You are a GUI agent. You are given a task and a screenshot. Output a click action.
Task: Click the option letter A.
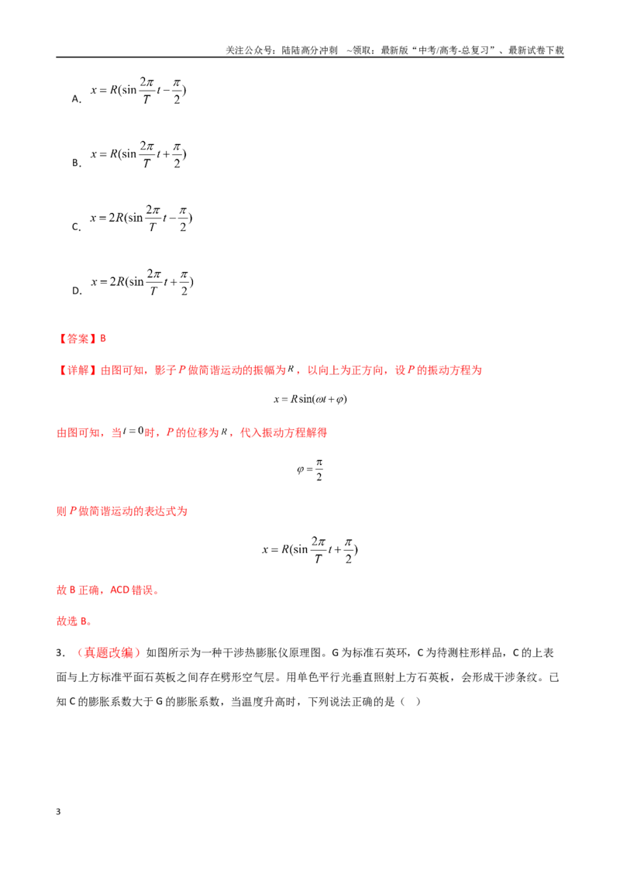pyautogui.click(x=77, y=99)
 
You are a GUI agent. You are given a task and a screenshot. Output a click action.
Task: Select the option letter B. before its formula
pyautogui.click(x=77, y=163)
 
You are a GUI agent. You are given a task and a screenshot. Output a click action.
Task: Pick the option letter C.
pyautogui.click(x=77, y=227)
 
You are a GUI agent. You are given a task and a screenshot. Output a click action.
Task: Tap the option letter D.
pyautogui.click(x=77, y=291)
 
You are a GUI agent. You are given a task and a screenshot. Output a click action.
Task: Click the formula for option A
pyautogui.click(x=138, y=91)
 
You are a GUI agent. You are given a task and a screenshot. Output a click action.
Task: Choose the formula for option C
pyautogui.click(x=141, y=218)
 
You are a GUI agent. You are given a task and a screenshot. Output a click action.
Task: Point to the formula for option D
pyautogui.click(x=142, y=282)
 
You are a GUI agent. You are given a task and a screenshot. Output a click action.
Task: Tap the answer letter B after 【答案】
pyautogui.click(x=103, y=339)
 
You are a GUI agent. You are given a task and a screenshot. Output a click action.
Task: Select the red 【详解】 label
pyautogui.click(x=77, y=370)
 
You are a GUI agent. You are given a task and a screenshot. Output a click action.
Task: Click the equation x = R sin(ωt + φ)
pyautogui.click(x=310, y=399)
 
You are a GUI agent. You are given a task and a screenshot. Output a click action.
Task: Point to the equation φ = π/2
pyautogui.click(x=310, y=469)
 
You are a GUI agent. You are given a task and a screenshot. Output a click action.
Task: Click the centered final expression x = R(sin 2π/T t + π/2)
pyautogui.click(x=310, y=550)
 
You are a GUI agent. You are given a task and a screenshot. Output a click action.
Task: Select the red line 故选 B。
pyautogui.click(x=74, y=621)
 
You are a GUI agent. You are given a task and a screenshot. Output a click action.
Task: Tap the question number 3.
pyautogui.click(x=60, y=653)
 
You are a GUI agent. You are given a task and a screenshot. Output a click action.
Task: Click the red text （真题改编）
pyautogui.click(x=106, y=653)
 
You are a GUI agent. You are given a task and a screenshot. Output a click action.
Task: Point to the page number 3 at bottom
pyautogui.click(x=58, y=812)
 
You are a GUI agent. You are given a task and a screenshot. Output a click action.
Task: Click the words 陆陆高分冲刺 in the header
pyautogui.click(x=309, y=50)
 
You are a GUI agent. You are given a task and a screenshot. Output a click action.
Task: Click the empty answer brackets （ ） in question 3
pyautogui.click(x=410, y=702)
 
